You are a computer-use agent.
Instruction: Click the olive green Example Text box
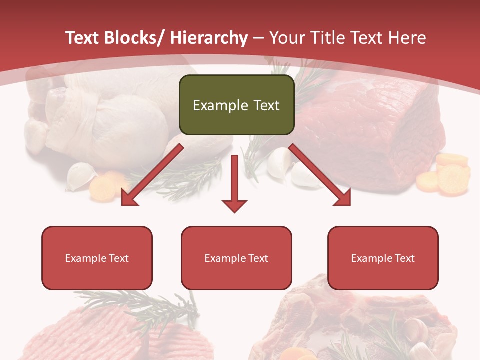236,105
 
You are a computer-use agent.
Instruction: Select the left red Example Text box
97,258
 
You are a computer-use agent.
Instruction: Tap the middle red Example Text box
236,258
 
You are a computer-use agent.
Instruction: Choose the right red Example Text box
383,258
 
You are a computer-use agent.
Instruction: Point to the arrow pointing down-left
152,175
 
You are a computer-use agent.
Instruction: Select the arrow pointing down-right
320,175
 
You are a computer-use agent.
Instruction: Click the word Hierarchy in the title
208,38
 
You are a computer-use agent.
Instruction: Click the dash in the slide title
258,38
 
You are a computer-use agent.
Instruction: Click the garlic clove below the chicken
81,176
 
